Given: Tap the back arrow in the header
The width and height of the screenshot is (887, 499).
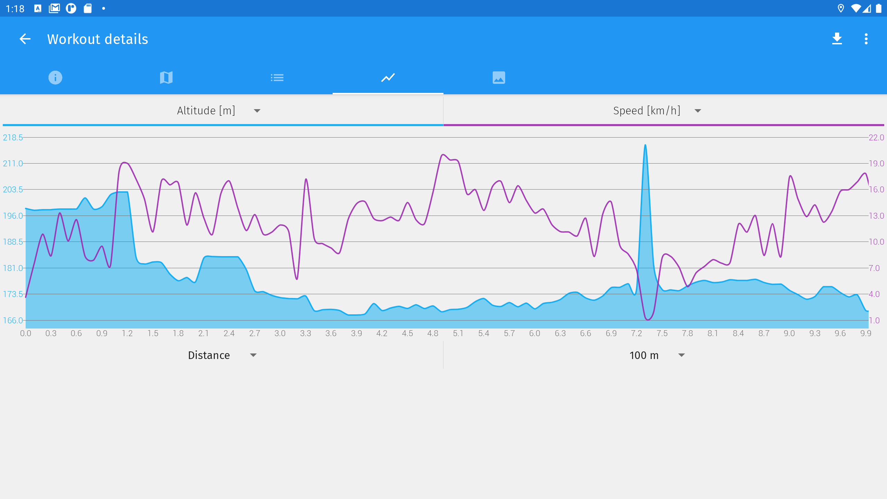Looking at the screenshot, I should [25, 39].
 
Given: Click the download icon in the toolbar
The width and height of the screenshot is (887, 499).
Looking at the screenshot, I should [837, 39].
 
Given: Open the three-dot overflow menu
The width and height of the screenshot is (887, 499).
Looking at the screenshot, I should [866, 39].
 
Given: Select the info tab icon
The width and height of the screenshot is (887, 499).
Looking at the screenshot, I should [55, 77].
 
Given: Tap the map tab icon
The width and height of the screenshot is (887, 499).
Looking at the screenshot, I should [166, 77].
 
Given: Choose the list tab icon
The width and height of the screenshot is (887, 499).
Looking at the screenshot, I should [277, 77].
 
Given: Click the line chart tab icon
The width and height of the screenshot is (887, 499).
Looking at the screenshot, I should [388, 77].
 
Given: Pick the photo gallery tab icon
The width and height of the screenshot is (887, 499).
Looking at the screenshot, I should [499, 77].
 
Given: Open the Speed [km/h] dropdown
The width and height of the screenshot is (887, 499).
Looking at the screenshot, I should [657, 111].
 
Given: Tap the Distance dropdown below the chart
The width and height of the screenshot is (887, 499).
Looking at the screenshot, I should [222, 355].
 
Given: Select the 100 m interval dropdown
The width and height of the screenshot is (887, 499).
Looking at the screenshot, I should [657, 355].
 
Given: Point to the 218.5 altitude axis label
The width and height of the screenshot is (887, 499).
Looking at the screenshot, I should [13, 138].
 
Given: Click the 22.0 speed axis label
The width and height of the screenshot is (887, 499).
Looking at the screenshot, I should [876, 138].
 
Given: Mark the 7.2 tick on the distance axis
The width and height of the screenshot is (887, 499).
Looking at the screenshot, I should [636, 333].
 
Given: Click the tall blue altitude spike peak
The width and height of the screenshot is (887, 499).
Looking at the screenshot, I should [645, 146].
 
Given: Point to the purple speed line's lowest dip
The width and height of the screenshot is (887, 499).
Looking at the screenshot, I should [648, 319].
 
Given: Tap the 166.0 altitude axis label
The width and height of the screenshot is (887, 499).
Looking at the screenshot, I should [13, 320].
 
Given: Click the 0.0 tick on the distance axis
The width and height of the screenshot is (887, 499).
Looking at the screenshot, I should [26, 333].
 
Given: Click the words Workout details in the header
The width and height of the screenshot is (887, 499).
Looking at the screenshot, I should [98, 39].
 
